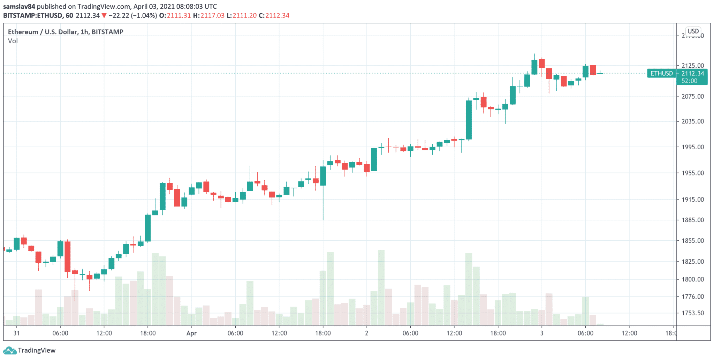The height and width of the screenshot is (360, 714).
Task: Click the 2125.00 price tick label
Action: coord(692,66)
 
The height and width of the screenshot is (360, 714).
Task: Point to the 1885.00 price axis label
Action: coord(692,220)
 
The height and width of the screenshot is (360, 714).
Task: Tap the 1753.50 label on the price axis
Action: coord(692,313)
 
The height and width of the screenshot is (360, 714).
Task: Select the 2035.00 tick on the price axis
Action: coord(692,121)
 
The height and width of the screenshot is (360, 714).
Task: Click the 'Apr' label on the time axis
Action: coord(191,333)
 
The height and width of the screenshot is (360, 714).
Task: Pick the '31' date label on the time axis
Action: coord(16,333)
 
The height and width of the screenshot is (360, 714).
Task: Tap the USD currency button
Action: coord(693,31)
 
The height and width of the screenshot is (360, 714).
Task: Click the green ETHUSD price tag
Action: coord(661,74)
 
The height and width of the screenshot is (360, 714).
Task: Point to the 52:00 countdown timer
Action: coord(689,81)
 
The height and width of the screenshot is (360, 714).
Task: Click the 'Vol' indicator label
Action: coord(13,41)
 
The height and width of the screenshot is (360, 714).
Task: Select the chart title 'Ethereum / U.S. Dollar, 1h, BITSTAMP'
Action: coord(66,32)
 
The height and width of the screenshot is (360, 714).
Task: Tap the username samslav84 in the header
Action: coord(19,7)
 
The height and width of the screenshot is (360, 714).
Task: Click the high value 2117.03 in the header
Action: coord(212,16)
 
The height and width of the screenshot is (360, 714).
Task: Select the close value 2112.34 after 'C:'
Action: coord(278,16)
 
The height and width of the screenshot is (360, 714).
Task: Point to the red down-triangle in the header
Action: coord(104,16)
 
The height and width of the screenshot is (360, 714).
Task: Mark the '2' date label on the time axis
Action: coord(366,333)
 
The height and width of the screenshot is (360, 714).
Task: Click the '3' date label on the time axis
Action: coord(541,333)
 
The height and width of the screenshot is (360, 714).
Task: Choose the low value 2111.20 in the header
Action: coord(244,16)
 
